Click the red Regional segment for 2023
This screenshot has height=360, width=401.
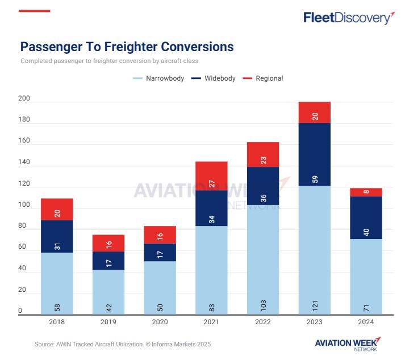pyautogui.click(x=314, y=112)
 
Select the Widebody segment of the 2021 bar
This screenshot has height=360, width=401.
pyautogui.click(x=211, y=208)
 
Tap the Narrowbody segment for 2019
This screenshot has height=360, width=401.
pyautogui.click(x=108, y=291)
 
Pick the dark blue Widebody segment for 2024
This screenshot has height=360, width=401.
pyautogui.click(x=366, y=217)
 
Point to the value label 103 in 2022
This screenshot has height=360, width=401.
pyautogui.click(x=263, y=307)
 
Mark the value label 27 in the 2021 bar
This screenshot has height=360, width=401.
pyautogui.click(x=211, y=183)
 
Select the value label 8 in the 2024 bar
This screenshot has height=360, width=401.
pyautogui.click(x=366, y=192)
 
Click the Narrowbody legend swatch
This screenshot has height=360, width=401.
pyautogui.click(x=138, y=78)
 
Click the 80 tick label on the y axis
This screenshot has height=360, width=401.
pyautogui.click(x=22, y=226)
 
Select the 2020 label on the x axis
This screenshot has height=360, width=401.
pyautogui.click(x=160, y=321)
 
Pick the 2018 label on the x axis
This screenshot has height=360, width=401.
pyautogui.click(x=57, y=321)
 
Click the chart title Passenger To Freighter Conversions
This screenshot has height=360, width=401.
pyautogui.click(x=127, y=47)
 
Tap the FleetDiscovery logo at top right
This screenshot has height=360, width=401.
pyautogui.click(x=349, y=18)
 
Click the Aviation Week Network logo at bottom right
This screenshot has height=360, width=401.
pyautogui.click(x=348, y=344)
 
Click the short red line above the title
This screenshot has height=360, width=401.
pyautogui.click(x=35, y=11)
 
